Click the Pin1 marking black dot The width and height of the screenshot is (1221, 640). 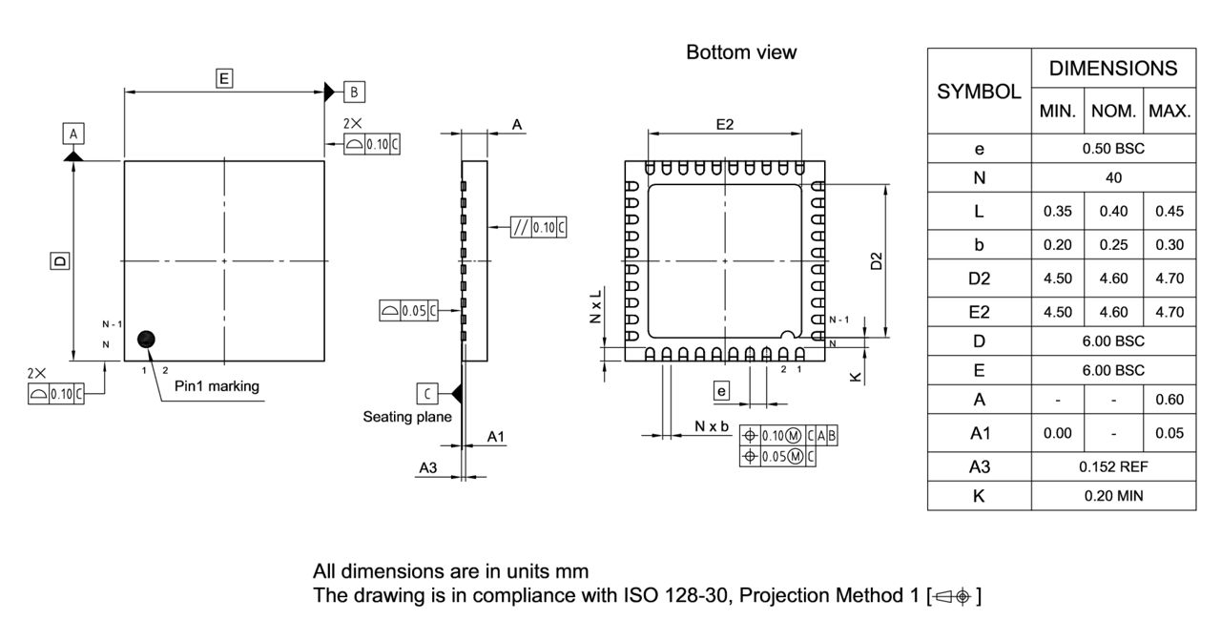coord(146,339)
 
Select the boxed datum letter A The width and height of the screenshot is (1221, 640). coord(73,133)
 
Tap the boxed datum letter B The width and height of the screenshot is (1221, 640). coord(354,92)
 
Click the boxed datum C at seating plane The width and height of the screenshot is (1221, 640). coord(428,392)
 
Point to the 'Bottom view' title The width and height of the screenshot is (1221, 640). coord(741,53)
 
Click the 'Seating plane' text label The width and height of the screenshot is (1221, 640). coord(407,417)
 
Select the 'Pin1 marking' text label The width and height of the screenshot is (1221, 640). coord(217,386)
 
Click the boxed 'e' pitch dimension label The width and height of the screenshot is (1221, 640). coord(722,390)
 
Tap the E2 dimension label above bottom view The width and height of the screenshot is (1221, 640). coord(724,125)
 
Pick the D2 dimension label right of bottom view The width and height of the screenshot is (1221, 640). coord(877,261)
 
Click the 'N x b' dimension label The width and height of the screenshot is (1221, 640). coord(712,426)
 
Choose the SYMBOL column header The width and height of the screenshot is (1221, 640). coord(979,92)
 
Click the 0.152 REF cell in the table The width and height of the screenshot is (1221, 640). coord(1113,466)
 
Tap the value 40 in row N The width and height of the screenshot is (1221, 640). coord(1113,177)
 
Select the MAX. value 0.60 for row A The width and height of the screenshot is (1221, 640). coord(1169,400)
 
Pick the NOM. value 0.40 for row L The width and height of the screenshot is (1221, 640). coord(1113,212)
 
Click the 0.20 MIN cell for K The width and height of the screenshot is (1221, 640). coord(1113,495)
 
